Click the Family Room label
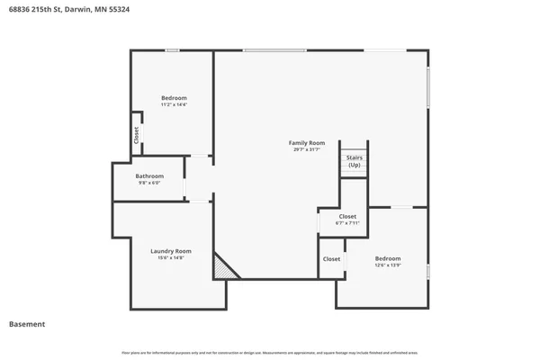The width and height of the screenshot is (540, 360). (306, 143)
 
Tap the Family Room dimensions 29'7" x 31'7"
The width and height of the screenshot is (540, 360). (306, 150)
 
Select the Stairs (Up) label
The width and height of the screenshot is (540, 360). (355, 162)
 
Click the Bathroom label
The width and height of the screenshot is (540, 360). (149, 175)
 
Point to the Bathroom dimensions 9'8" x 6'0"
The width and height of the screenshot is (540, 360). (149, 183)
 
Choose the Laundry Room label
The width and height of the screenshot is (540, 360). (171, 251)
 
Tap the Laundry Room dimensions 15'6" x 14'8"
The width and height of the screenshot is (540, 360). (171, 258)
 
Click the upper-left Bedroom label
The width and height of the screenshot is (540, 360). (174, 97)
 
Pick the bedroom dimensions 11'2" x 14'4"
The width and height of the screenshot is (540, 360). (174, 104)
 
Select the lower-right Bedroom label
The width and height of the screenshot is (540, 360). (388, 258)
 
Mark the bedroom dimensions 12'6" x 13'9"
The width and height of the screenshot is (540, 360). (388, 265)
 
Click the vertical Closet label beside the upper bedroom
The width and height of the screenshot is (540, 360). (136, 135)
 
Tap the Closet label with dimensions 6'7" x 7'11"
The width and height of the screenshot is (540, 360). (347, 216)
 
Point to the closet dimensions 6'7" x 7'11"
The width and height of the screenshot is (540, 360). (347, 223)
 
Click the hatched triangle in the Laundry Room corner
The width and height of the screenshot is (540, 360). (221, 268)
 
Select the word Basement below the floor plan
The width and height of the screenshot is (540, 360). (27, 324)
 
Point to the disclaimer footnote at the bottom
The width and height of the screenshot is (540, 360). (270, 351)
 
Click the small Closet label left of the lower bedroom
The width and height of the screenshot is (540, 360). (331, 259)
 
